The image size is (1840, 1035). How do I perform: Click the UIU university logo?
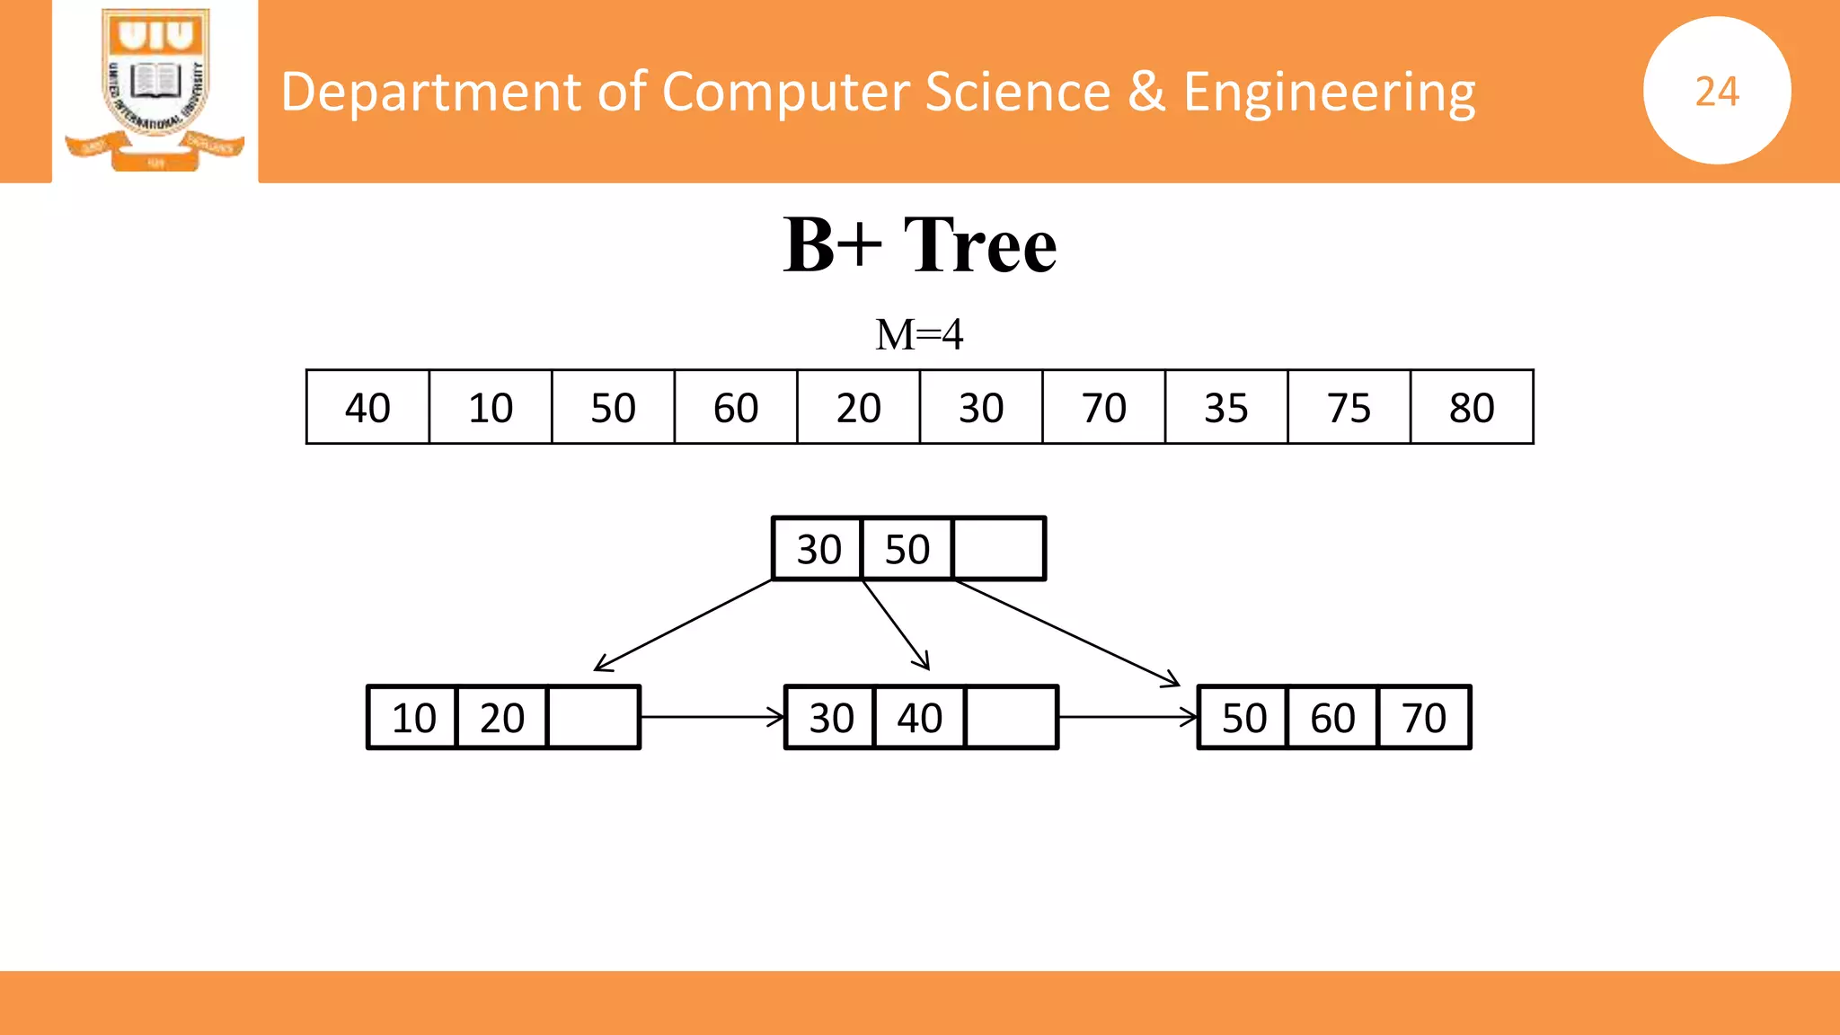click(x=155, y=90)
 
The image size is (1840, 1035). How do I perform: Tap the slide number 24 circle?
click(x=1717, y=91)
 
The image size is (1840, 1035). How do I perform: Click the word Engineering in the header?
click(x=1329, y=93)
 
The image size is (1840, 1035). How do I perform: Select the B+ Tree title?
click(x=919, y=244)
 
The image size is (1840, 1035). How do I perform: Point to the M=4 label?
click(x=919, y=335)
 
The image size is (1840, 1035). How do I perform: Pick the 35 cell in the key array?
click(x=1225, y=408)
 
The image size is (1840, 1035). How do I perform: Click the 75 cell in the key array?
click(x=1349, y=408)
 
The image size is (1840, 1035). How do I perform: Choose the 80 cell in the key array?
click(x=1472, y=408)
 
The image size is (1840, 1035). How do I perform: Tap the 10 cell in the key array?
click(x=491, y=408)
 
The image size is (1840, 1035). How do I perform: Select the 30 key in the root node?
click(x=818, y=549)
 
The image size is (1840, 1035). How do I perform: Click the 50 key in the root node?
click(x=907, y=549)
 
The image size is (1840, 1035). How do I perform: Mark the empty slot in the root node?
click(x=999, y=549)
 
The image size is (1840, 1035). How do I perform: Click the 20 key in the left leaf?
click(x=501, y=718)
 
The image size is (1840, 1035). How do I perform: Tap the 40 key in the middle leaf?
click(x=919, y=718)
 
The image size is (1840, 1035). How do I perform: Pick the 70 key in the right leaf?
click(x=1424, y=718)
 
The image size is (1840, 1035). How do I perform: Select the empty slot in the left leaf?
click(x=593, y=718)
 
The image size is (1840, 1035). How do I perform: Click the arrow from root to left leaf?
click(x=683, y=625)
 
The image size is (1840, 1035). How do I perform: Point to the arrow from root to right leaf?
click(x=1067, y=633)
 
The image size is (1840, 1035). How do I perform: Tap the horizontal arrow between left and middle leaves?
click(x=712, y=717)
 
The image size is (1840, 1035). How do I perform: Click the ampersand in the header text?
click(x=1146, y=93)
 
